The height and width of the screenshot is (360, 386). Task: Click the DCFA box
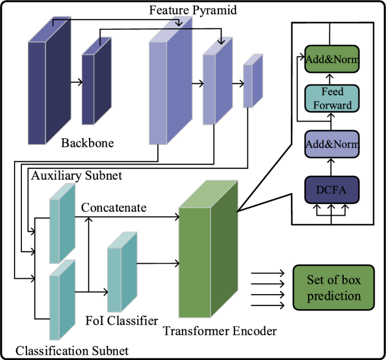332,189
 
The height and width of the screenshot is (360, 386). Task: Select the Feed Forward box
332,99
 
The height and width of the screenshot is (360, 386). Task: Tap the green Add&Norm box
332,59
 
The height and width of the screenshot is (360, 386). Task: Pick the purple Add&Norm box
332,144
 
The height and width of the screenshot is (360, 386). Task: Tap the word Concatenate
114,208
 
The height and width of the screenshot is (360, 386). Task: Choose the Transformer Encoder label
220,331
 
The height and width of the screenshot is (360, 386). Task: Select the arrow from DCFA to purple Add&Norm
332,167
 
